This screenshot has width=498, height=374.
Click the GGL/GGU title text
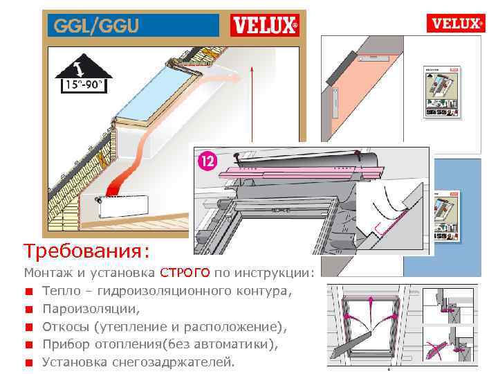click(x=93, y=26)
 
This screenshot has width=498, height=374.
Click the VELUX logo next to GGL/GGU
click(x=265, y=26)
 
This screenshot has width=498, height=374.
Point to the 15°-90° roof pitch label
click(x=84, y=85)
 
